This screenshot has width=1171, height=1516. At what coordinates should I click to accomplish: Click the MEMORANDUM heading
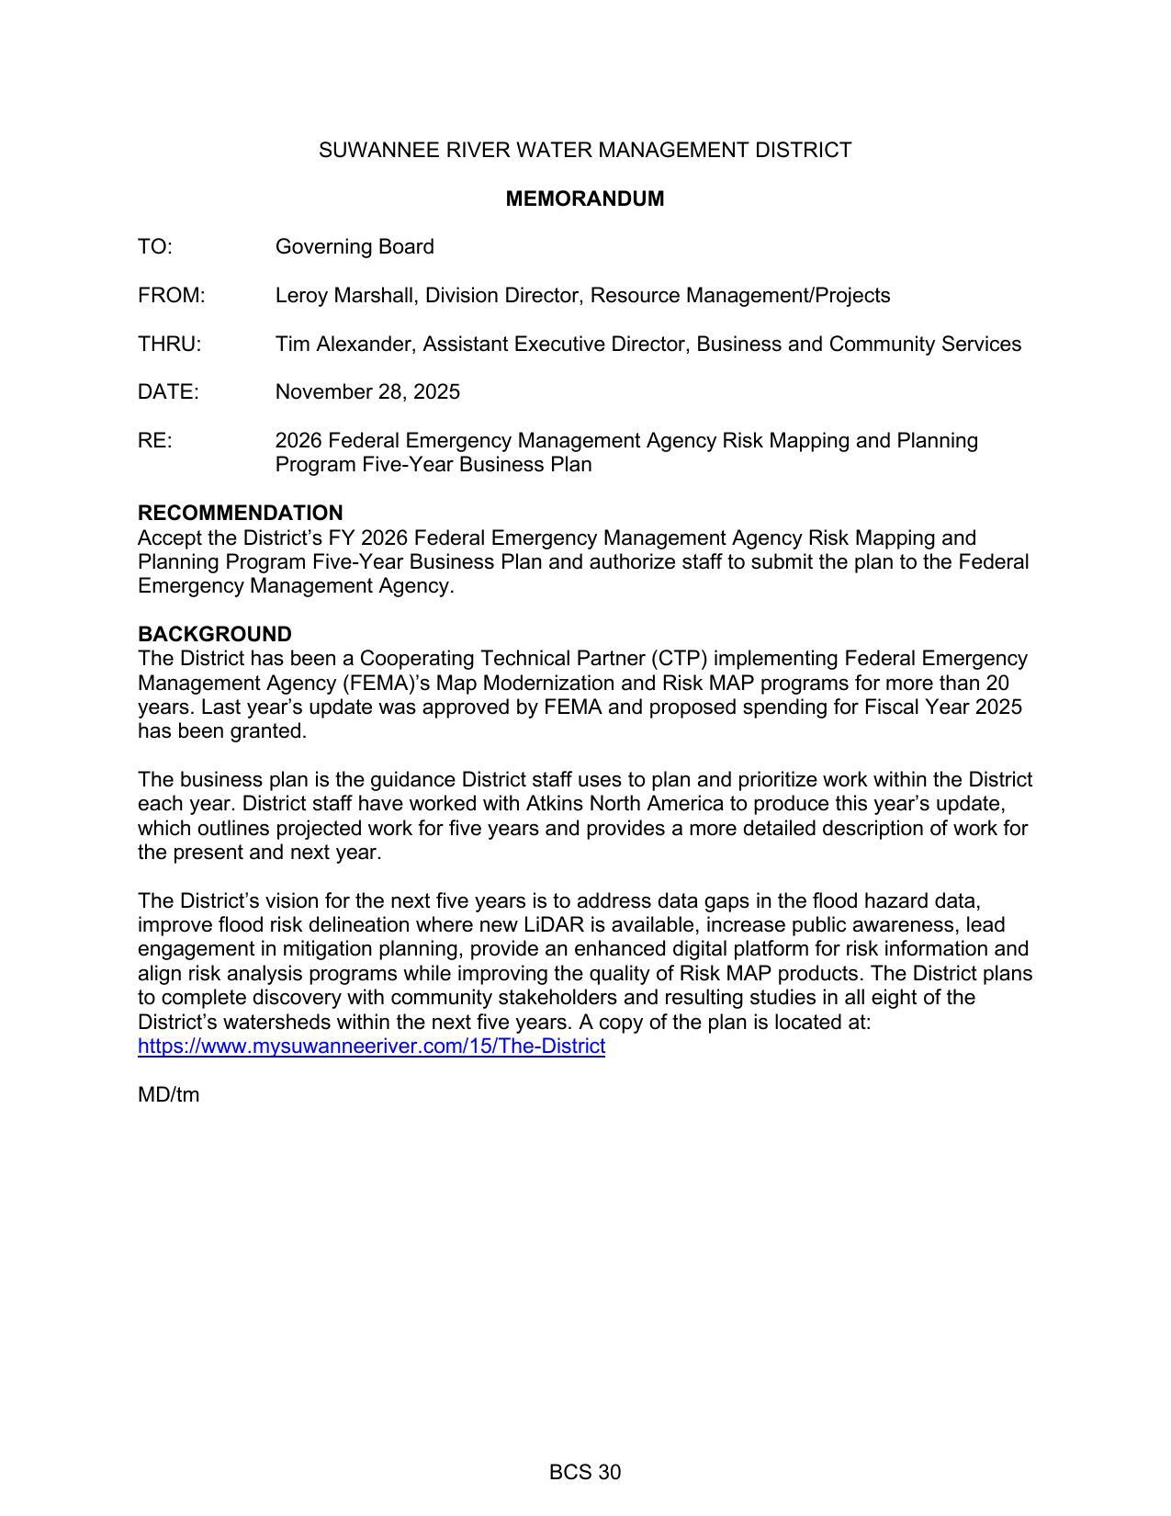[584, 198]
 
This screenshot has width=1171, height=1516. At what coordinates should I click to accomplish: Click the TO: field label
[155, 247]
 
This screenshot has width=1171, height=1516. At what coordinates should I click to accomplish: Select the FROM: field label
[171, 296]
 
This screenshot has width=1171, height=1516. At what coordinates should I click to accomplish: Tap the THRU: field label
[169, 345]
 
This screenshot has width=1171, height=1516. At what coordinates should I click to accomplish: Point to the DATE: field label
[168, 392]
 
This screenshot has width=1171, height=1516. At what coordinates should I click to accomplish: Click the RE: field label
[154, 441]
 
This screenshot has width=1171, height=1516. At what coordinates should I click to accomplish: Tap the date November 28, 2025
[367, 392]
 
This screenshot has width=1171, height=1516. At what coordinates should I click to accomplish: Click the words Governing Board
[355, 247]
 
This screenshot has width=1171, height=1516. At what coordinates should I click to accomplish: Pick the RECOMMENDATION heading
[240, 513]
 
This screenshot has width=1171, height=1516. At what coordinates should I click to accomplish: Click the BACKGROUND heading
[214, 634]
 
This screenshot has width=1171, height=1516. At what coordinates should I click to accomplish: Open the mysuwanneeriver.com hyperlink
[371, 1046]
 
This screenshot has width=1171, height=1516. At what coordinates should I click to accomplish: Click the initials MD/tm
[168, 1095]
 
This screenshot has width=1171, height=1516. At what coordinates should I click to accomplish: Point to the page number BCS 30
[584, 1473]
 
